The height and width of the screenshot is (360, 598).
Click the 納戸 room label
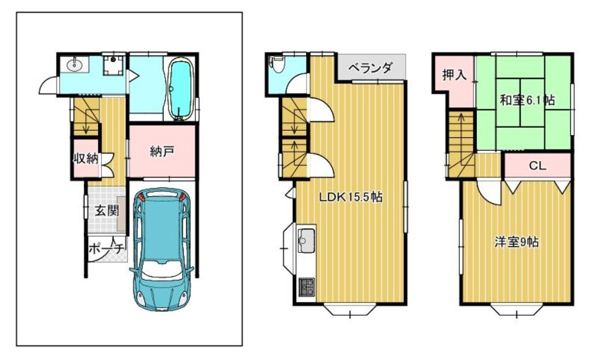click(162, 152)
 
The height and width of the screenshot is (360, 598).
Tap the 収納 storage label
click(86, 158)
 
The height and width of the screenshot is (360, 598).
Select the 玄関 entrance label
click(106, 211)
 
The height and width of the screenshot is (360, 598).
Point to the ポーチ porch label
click(106, 249)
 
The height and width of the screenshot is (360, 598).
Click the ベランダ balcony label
click(370, 68)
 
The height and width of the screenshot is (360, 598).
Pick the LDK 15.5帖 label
click(351, 197)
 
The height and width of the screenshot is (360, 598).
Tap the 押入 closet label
click(454, 74)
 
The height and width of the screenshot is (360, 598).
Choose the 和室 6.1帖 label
click(527, 100)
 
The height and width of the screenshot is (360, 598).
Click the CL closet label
click(538, 165)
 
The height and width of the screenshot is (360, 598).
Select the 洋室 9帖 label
click(516, 242)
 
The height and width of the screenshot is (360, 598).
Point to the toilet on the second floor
click(277, 64)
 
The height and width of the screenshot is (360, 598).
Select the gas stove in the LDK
click(306, 287)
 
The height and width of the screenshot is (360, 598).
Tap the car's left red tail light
click(142, 197)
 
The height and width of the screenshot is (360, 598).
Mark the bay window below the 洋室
click(516, 309)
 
